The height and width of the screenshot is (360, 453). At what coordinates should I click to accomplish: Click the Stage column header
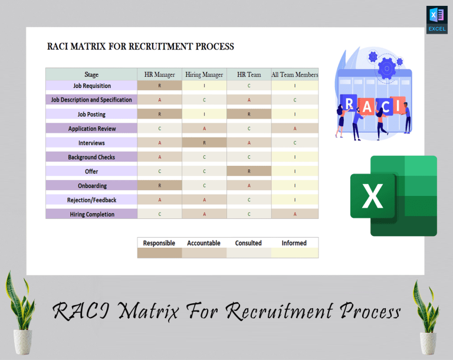click(91, 74)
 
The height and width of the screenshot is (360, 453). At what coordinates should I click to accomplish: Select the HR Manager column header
click(159, 74)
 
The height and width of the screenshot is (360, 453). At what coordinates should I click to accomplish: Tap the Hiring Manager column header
click(204, 74)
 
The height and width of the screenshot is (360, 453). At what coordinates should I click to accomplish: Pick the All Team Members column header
click(294, 74)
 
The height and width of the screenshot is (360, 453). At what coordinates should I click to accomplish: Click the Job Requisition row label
click(91, 86)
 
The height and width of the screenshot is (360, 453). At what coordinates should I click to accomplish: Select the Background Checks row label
click(91, 157)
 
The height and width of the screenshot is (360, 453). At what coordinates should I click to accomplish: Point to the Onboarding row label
click(91, 186)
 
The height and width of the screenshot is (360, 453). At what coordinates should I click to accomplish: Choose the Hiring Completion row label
click(91, 214)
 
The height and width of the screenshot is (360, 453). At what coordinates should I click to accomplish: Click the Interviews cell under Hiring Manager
click(204, 143)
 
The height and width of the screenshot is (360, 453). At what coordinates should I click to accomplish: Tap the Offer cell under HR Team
click(248, 171)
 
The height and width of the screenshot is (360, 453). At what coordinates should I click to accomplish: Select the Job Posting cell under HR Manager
click(159, 114)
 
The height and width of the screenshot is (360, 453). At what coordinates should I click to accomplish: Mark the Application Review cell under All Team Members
click(294, 129)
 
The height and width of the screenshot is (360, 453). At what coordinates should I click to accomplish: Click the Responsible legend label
click(159, 243)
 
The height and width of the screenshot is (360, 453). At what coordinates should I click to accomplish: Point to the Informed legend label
click(294, 243)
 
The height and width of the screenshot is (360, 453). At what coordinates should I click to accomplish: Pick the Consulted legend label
click(248, 243)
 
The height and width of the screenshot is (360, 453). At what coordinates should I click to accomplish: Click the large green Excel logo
click(394, 196)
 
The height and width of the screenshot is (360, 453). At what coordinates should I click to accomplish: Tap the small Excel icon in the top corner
click(436, 19)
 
